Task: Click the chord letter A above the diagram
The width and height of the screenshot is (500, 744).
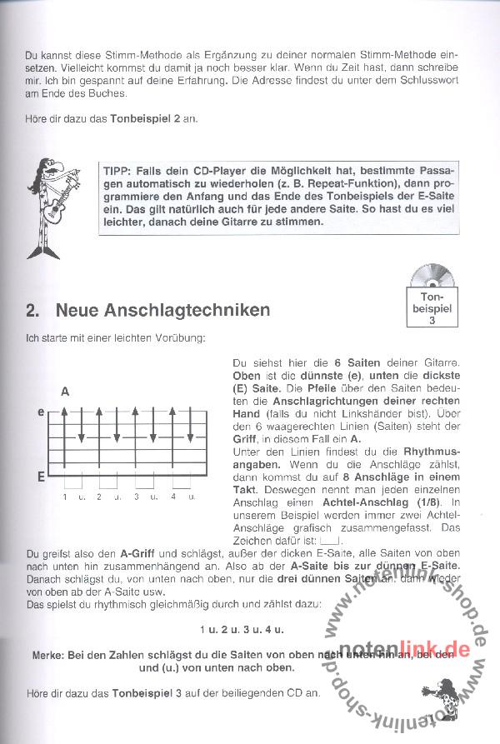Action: coord(65,391)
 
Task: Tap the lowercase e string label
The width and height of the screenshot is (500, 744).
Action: coord(40,412)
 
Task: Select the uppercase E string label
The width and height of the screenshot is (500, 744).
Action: coord(40,477)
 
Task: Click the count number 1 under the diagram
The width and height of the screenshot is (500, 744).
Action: coord(64,497)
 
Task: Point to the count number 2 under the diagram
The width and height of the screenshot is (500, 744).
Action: coord(99,497)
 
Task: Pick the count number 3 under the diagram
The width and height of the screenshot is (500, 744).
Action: coord(136,497)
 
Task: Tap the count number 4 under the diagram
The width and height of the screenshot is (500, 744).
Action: coord(172,497)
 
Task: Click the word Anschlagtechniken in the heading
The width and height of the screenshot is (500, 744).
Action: coord(162,311)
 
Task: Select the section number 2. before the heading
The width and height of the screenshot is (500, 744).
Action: coord(32,311)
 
